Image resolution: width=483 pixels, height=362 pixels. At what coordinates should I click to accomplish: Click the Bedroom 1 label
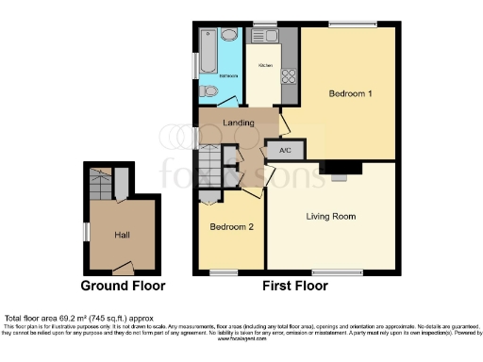(x=343, y=94)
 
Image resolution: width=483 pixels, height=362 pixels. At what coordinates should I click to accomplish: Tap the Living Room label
(x=331, y=217)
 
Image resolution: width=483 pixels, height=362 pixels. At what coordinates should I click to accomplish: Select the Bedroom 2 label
(x=230, y=227)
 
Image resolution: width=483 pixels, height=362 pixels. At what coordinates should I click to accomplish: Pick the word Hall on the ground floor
(x=123, y=235)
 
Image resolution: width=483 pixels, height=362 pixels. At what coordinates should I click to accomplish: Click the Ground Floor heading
(x=123, y=286)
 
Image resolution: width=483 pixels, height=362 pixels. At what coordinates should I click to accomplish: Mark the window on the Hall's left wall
(x=86, y=231)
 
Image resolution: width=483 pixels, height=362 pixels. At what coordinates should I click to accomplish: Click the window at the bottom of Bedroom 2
(x=223, y=273)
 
